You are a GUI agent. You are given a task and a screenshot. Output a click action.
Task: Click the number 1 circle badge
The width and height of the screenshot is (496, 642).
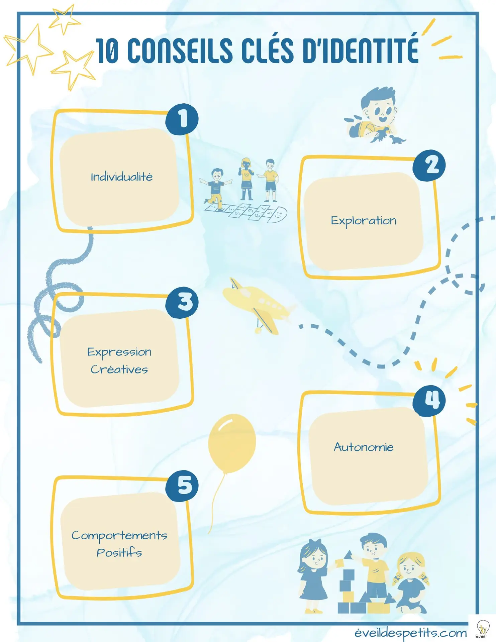click(x=182, y=119)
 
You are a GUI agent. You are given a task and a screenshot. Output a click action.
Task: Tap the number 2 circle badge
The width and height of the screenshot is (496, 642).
click(x=429, y=166)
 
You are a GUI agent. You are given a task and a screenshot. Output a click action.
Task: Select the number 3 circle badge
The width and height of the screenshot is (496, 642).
click(x=182, y=302)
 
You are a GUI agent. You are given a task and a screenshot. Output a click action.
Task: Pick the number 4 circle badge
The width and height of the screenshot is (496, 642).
click(x=429, y=400)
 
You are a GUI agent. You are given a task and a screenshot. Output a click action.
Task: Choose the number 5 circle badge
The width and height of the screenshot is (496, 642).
click(x=182, y=486)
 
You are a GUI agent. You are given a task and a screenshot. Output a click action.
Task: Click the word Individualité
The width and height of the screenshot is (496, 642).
click(x=122, y=177)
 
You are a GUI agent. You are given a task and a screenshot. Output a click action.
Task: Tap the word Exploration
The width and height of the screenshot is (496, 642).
click(x=364, y=221)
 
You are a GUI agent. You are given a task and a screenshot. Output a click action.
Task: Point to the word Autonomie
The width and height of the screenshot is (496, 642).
click(x=364, y=447)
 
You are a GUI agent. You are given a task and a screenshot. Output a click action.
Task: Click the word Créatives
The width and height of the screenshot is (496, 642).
click(x=119, y=369)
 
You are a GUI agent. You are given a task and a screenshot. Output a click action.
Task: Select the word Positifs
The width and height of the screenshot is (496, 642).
click(x=119, y=553)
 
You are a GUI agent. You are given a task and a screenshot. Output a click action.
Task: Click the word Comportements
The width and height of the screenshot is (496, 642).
click(x=119, y=535)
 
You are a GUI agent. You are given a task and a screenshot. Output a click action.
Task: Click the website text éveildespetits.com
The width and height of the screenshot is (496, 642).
click(x=410, y=633)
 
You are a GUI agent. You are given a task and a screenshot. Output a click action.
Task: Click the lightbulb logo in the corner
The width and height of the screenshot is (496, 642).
click(x=482, y=629)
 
